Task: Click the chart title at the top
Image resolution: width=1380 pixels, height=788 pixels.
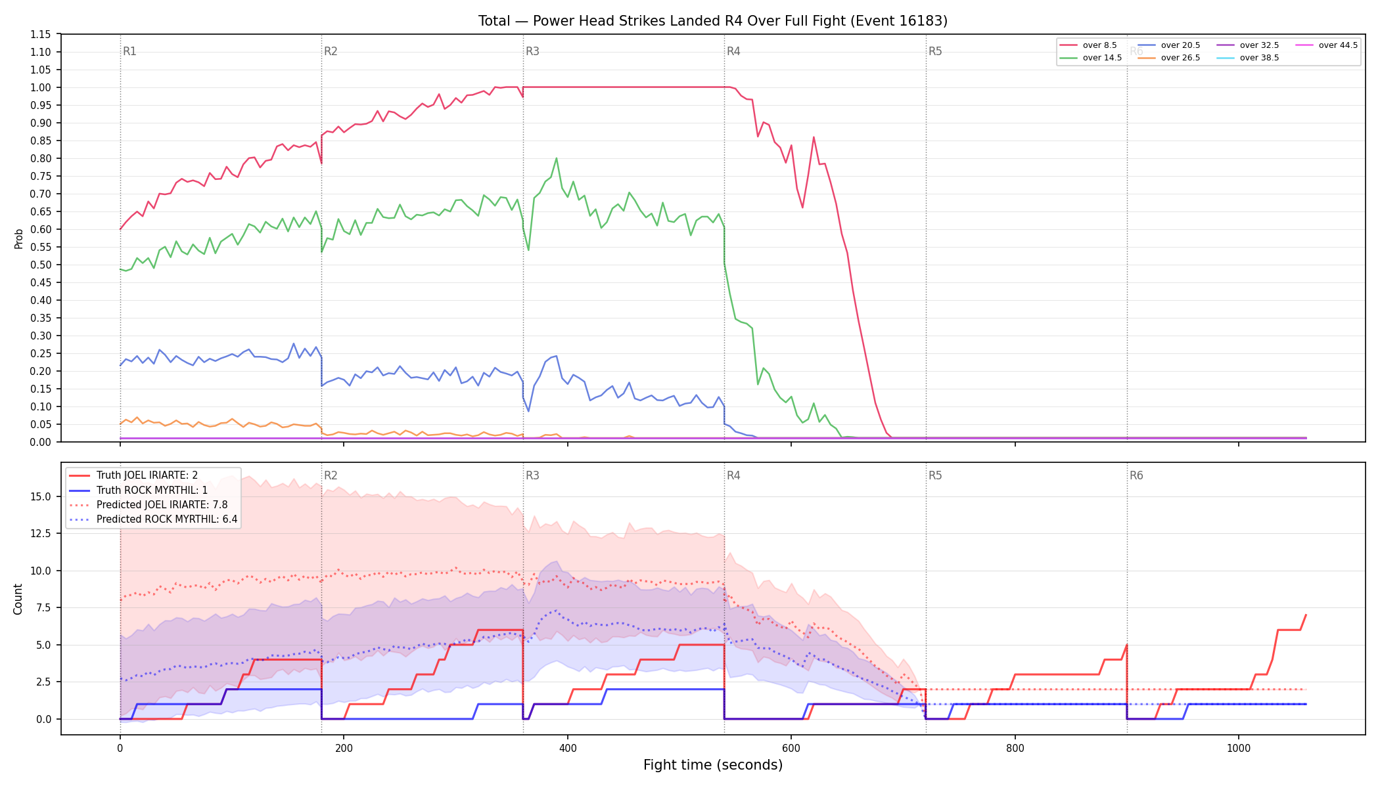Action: (712, 21)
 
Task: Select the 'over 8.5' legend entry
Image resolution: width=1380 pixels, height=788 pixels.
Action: (1088, 45)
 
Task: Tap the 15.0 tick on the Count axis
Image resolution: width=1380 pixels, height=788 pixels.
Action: (41, 496)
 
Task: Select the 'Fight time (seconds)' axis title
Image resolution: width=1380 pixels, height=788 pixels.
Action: (713, 765)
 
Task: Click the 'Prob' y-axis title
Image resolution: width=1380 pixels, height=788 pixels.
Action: (19, 238)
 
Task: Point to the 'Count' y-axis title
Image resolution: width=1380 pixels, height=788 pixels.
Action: (18, 599)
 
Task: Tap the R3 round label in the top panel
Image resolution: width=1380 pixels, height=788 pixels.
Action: (532, 51)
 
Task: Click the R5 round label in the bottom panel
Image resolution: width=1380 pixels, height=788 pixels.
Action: (935, 475)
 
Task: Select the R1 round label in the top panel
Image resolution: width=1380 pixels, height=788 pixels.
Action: (129, 51)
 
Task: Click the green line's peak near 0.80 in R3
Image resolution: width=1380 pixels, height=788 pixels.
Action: (557, 158)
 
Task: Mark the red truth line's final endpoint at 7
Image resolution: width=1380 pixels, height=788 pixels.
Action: (1306, 615)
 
